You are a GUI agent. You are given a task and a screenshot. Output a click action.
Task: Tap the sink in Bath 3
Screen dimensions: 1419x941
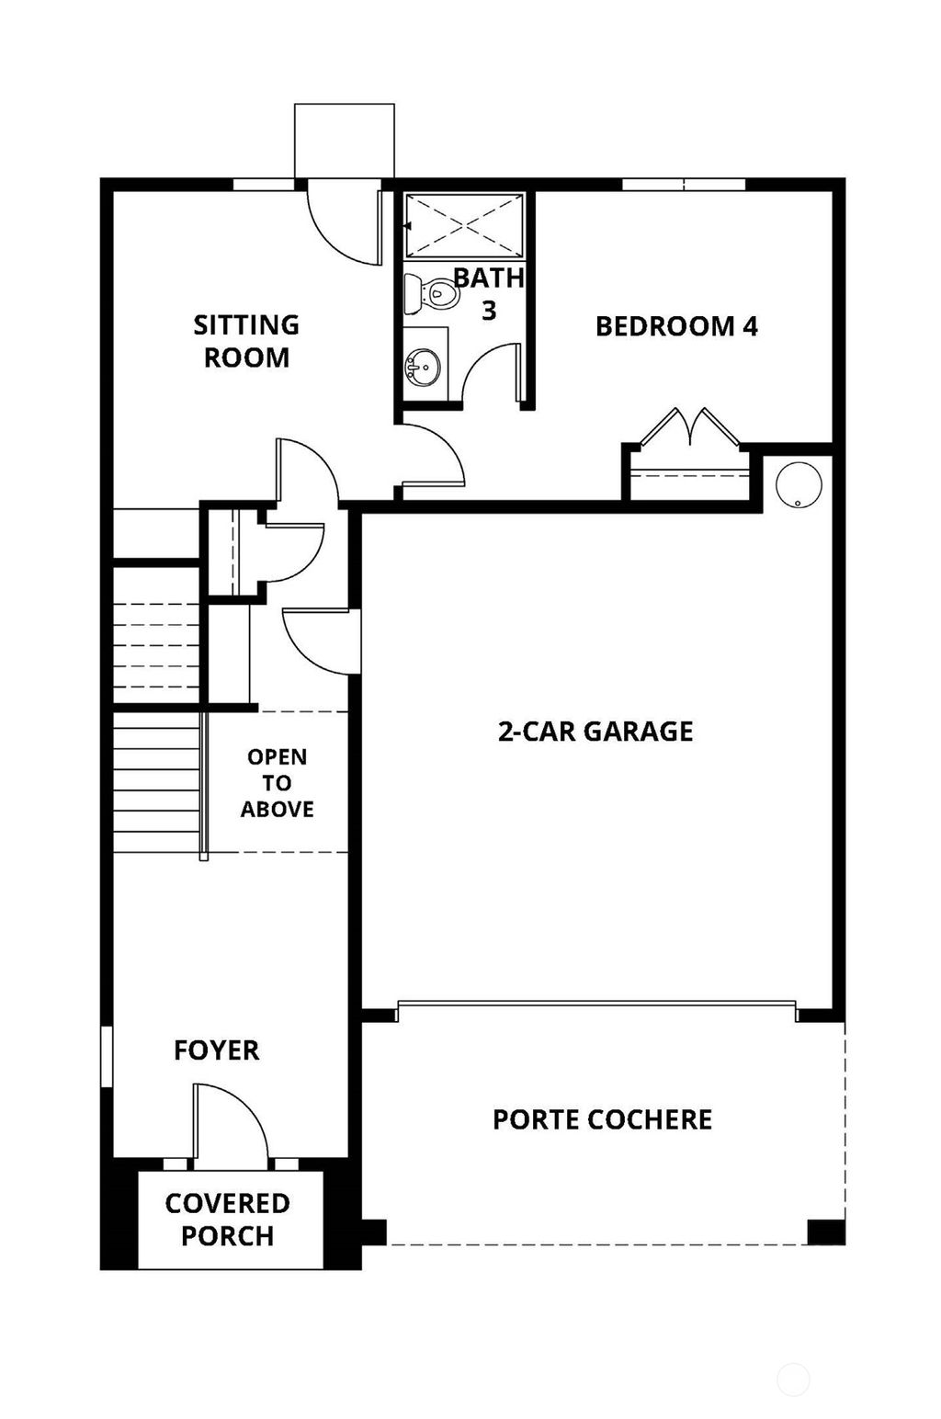tap(422, 366)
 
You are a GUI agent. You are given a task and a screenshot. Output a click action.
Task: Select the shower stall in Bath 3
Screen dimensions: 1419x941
tap(464, 225)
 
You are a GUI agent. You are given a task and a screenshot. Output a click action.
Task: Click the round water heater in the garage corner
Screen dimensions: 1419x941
tap(796, 484)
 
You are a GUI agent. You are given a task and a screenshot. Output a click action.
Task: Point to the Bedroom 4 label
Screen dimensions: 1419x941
tap(676, 326)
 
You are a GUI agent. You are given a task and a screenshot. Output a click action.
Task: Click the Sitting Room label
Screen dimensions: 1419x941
tap(246, 341)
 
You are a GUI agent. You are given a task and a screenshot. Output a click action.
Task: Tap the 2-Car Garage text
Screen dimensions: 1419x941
tap(595, 732)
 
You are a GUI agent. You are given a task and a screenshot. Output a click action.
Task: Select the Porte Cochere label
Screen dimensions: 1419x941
tap(602, 1119)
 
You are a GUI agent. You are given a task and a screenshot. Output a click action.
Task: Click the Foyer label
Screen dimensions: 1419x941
tap(216, 1050)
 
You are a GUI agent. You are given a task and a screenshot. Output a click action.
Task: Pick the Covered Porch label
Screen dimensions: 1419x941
tap(227, 1220)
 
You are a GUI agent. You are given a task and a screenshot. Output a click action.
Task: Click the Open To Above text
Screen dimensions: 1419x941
tap(277, 783)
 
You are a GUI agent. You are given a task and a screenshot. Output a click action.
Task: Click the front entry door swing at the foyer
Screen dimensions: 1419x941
tap(230, 1121)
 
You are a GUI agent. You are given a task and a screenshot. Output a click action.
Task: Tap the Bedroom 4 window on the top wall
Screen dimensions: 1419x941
tap(683, 185)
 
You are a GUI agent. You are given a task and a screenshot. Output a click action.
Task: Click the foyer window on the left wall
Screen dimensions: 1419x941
tap(107, 1057)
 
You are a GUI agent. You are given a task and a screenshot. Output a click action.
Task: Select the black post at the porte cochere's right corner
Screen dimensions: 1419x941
tap(825, 1232)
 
